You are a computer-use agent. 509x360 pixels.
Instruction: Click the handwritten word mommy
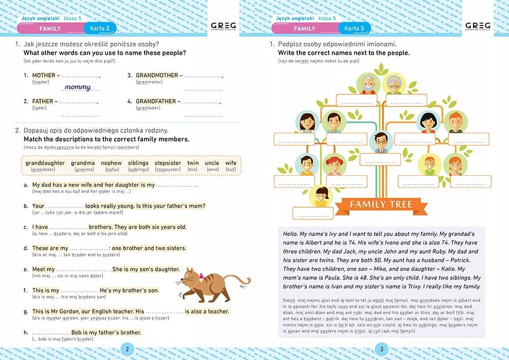pos(77,88)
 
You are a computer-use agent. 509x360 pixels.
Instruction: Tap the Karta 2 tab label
pos(100,29)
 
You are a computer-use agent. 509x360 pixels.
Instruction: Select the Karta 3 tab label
pos(354,29)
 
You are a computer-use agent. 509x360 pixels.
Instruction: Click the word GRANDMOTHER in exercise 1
pos(157,75)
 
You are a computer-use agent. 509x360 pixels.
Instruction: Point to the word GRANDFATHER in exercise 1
pos(156,101)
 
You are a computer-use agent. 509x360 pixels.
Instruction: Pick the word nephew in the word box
pos(111,163)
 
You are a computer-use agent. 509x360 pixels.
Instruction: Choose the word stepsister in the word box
pos(168,163)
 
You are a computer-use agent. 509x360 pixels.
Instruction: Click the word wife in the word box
pos(231,163)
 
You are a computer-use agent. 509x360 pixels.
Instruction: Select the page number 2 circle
pos(127,349)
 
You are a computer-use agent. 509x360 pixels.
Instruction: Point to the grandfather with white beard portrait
pos(367,84)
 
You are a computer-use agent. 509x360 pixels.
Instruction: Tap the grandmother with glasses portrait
pos(392,84)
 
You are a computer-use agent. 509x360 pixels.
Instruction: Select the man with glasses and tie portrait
pos(380,142)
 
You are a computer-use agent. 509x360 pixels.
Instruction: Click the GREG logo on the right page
pos(478,26)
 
